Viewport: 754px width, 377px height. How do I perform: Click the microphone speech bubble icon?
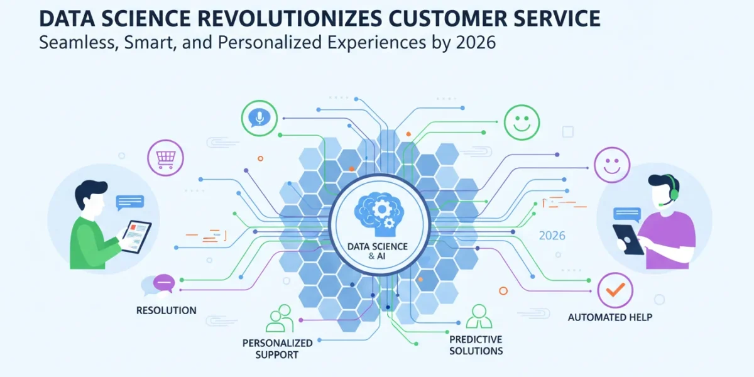pos(259,118)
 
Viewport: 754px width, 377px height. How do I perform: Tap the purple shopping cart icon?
pos(166,158)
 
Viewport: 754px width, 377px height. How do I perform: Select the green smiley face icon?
pos(522,122)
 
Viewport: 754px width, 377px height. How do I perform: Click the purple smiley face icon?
pos(612,165)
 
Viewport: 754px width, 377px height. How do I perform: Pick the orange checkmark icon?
pos(615,290)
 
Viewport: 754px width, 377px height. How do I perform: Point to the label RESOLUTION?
pos(167,310)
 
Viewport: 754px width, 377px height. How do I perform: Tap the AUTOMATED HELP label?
pos(610,317)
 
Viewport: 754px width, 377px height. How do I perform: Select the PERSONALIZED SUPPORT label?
pos(277,349)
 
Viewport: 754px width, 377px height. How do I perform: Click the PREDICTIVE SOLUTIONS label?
pos(476,345)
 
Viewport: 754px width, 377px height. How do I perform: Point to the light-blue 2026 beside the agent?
pos(552,236)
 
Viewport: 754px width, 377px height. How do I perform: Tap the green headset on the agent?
pos(672,188)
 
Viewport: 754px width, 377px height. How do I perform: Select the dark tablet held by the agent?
pos(628,239)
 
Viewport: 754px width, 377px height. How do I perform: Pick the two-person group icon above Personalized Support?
pos(280,319)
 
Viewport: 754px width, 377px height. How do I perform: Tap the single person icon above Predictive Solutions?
pos(479,317)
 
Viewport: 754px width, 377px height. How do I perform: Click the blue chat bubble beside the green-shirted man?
pos(130,202)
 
